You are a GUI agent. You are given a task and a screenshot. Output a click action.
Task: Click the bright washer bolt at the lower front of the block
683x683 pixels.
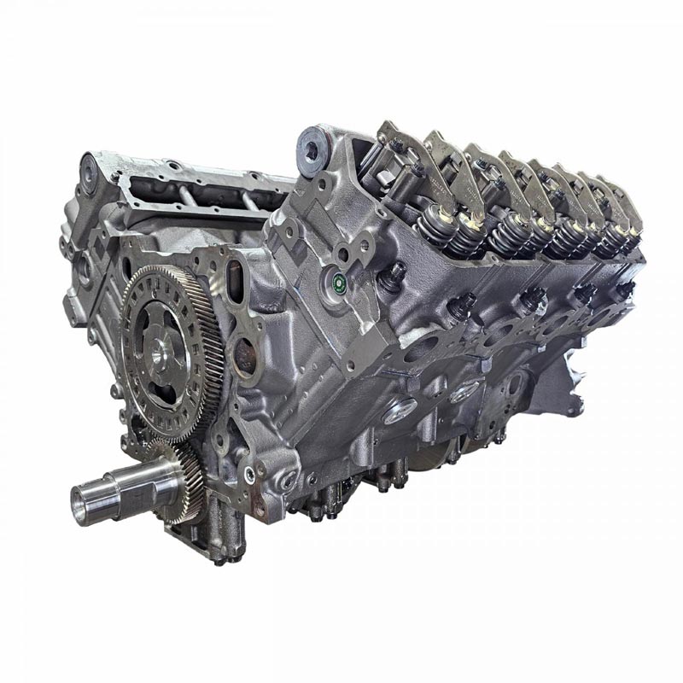248,475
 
